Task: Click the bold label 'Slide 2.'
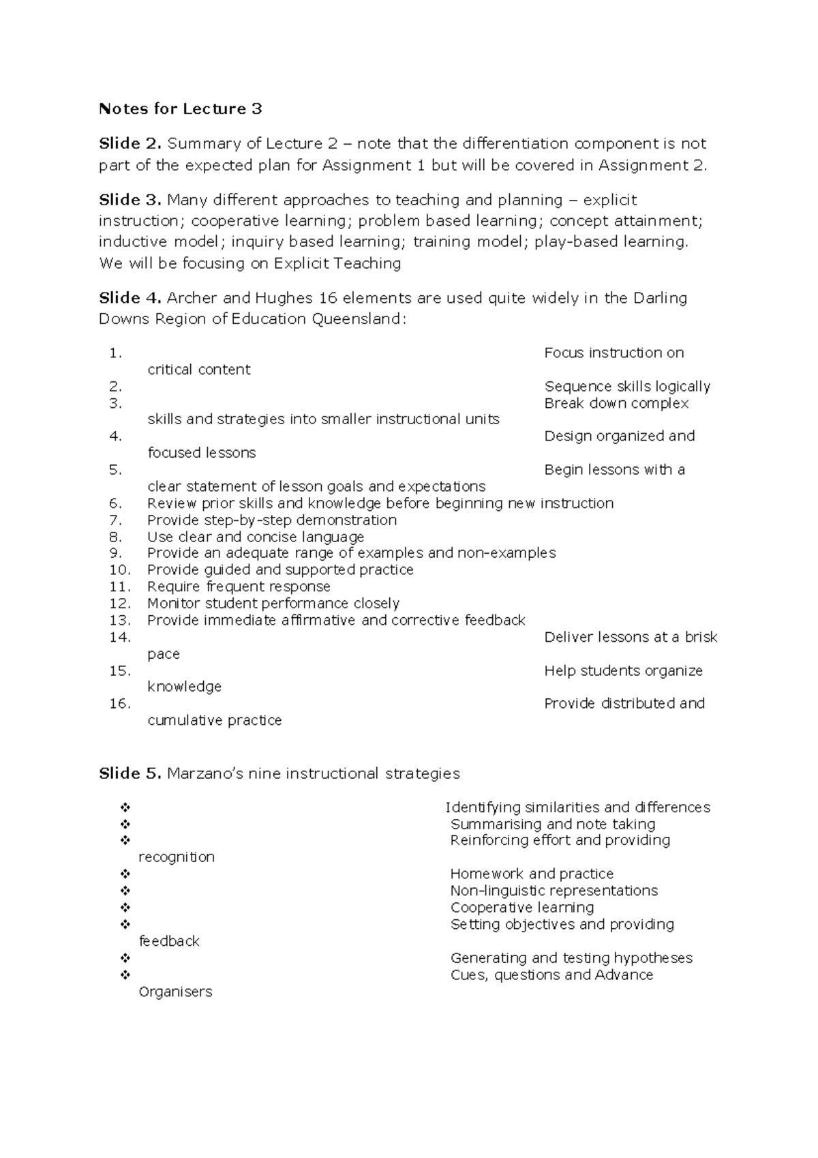pyautogui.click(x=130, y=144)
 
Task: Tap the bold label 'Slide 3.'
pyautogui.click(x=130, y=200)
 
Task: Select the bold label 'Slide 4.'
pyautogui.click(x=130, y=298)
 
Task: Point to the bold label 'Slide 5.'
pyautogui.click(x=130, y=773)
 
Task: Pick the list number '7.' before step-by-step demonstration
pyautogui.click(x=115, y=520)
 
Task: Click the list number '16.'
pyautogui.click(x=119, y=704)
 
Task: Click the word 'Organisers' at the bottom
pyautogui.click(x=175, y=992)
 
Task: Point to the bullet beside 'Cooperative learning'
pyautogui.click(x=125, y=908)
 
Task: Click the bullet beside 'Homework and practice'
pyautogui.click(x=125, y=874)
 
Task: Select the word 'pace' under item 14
pyautogui.click(x=164, y=654)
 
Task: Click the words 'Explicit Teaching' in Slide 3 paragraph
pyautogui.click(x=337, y=263)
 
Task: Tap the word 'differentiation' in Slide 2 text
pyautogui.click(x=515, y=144)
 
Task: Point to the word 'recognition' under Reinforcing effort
pyautogui.click(x=177, y=857)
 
